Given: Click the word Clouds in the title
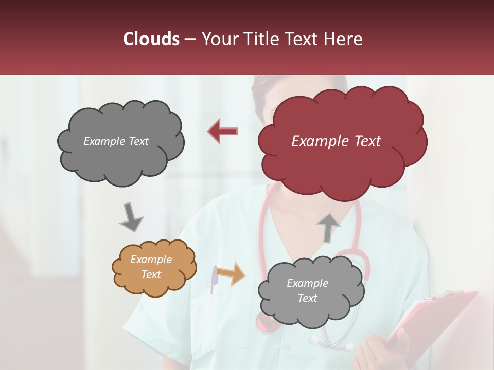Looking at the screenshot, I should pos(151,39).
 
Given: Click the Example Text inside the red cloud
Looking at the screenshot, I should pos(336,141).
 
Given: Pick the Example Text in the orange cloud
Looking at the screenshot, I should pos(151,267).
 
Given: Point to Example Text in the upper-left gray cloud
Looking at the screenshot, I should pos(116,141).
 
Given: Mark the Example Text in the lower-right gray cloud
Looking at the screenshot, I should pos(307,290).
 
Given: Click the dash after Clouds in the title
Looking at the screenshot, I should pos(189,40).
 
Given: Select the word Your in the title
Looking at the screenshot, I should pos(218,39).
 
